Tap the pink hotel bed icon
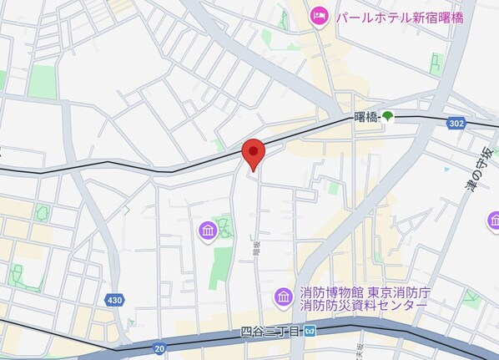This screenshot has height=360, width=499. pos(319,16)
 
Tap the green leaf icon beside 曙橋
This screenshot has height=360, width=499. pos(389,119)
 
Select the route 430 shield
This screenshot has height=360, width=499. pos(115,299)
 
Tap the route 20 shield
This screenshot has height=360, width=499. pos(158,347)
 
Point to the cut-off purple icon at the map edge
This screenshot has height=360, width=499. pos(494,221)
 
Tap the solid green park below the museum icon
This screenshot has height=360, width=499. pos(219,267)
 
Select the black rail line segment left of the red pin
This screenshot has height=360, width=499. pos(125,170)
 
